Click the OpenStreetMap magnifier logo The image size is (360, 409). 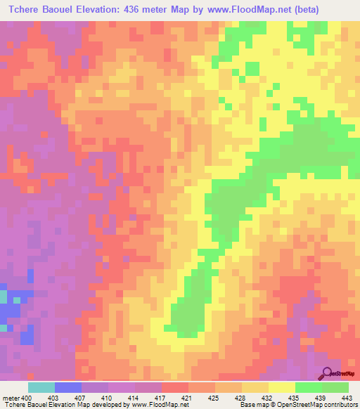point(328,373)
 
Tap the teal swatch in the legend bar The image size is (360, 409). point(41,387)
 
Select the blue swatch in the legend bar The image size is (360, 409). point(68,387)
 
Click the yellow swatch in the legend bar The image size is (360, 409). point(282,387)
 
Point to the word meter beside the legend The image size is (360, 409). point(11,397)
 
